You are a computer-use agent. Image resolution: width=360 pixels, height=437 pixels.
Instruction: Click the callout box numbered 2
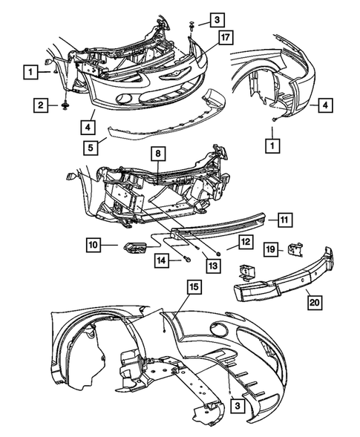click(41, 106)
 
